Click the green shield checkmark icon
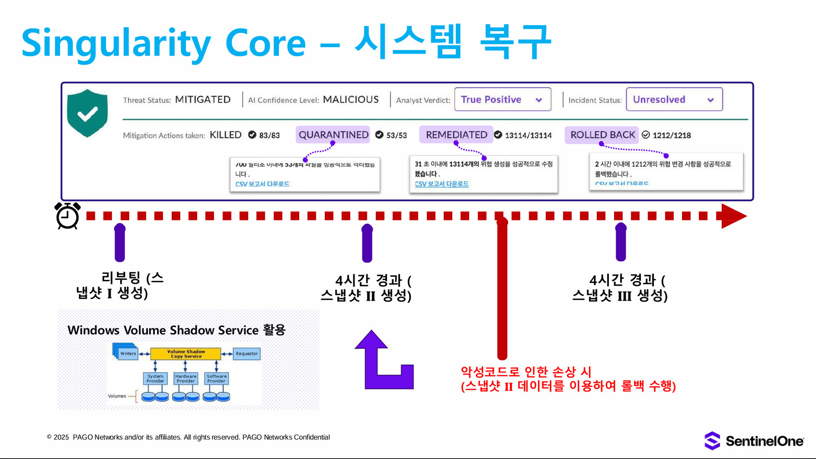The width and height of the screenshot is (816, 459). (x=87, y=113)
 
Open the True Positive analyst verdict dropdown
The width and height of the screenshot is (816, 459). (x=502, y=100)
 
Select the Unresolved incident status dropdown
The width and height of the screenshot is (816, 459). (x=674, y=100)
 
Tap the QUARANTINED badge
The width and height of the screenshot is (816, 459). (x=333, y=135)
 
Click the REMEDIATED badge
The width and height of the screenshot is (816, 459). (x=456, y=135)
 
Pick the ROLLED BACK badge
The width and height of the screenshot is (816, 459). (x=602, y=135)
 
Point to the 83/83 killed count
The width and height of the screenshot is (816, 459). (x=269, y=135)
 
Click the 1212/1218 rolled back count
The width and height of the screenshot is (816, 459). (x=671, y=135)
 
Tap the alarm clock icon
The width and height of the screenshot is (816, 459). (x=67, y=216)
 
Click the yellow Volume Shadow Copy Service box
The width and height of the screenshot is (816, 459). (x=186, y=354)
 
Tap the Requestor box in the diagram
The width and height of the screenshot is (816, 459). (x=247, y=354)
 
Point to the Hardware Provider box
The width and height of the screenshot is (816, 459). (x=186, y=378)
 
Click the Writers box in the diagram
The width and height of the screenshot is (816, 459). (x=127, y=353)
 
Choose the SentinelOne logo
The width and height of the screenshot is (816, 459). (x=754, y=441)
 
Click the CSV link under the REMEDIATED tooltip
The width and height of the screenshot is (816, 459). (x=441, y=184)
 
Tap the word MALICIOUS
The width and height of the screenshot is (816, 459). (x=351, y=100)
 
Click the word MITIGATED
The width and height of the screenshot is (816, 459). (x=203, y=100)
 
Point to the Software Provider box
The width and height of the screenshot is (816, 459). (x=216, y=378)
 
